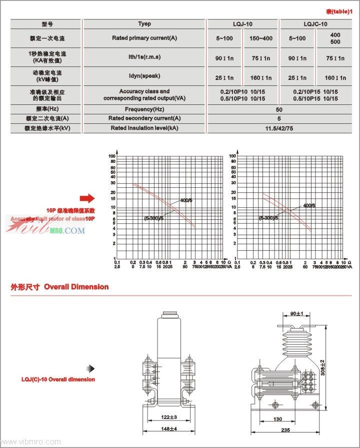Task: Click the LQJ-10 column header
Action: pyautogui.click(x=242, y=24)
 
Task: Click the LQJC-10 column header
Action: pyautogui.click(x=315, y=24)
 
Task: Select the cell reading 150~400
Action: pyautogui.click(x=260, y=38)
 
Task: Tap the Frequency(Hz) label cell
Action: pyautogui.click(x=144, y=109)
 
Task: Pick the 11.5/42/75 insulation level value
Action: pyautogui.click(x=279, y=128)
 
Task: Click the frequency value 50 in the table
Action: pyautogui.click(x=279, y=109)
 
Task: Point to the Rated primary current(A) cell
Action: pyautogui.click(x=144, y=38)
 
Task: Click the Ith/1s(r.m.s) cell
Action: pyautogui.click(x=144, y=57)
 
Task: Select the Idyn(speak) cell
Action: pyautogui.click(x=144, y=76)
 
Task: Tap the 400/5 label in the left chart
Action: pyautogui.click(x=185, y=200)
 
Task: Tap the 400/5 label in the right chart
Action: pyautogui.click(x=309, y=205)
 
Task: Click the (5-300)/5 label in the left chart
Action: pyautogui.click(x=153, y=218)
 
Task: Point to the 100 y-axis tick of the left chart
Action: pyautogui.click(x=112, y=156)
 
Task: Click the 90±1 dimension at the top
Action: pyautogui.click(x=296, y=314)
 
